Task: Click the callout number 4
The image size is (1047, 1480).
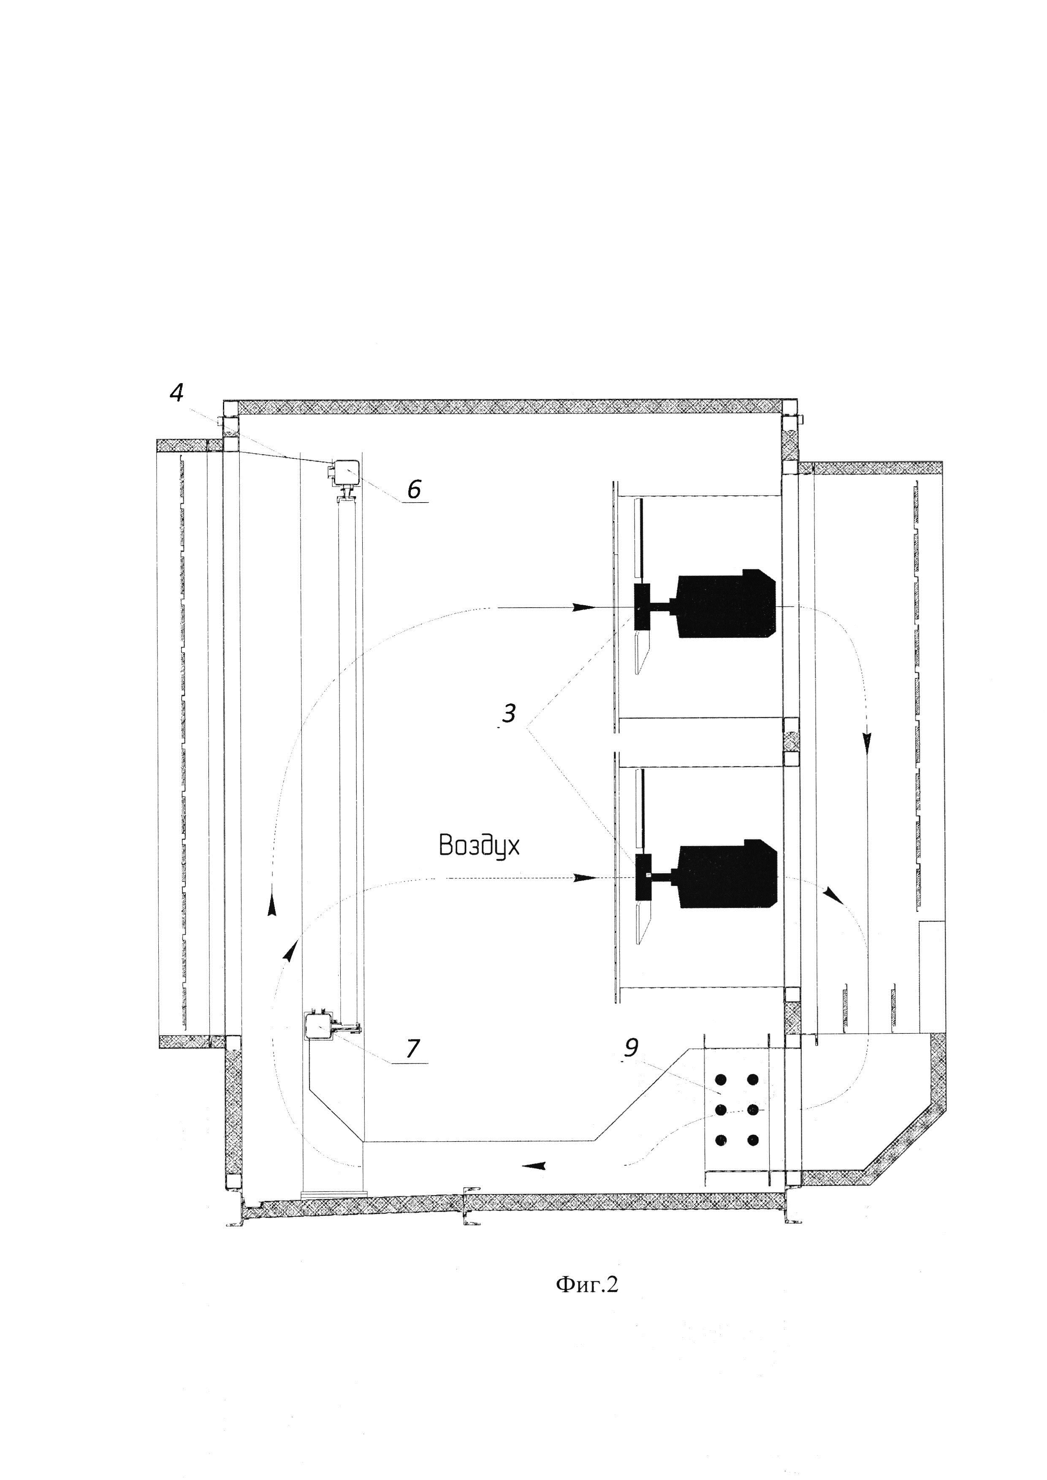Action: tap(176, 392)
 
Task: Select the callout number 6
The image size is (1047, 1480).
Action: tap(414, 489)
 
